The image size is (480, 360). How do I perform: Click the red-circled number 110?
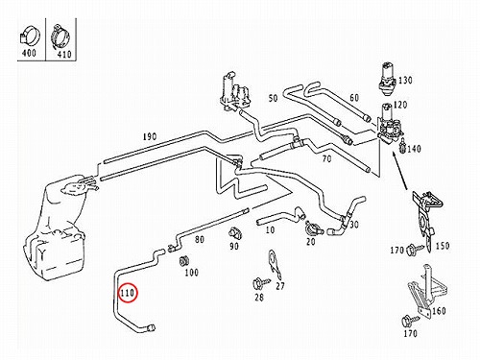pyautogui.click(x=128, y=293)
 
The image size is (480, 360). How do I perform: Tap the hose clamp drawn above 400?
pyautogui.click(x=30, y=36)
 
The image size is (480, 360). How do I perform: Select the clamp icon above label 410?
pyautogui.click(x=61, y=36)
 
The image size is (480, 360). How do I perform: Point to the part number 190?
pyautogui.click(x=150, y=137)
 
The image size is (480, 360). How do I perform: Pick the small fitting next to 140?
pyautogui.click(x=403, y=146)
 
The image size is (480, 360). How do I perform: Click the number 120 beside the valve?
pyautogui.click(x=400, y=105)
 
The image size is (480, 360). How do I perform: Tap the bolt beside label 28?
pyautogui.click(x=261, y=282)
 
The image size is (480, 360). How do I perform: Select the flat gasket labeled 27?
pyautogui.click(x=274, y=263)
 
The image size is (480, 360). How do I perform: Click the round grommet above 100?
pyautogui.click(x=183, y=261)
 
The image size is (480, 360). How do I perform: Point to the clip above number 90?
pyautogui.click(x=234, y=234)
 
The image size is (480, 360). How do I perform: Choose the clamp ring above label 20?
pyautogui.click(x=313, y=228)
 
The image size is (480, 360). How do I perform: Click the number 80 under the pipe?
pyautogui.click(x=200, y=239)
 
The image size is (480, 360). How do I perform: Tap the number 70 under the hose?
pyautogui.click(x=326, y=158)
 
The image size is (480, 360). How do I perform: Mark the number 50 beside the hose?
pyautogui.click(x=273, y=98)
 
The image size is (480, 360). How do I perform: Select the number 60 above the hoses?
pyautogui.click(x=354, y=98)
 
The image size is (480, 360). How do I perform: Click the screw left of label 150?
pyautogui.click(x=415, y=250)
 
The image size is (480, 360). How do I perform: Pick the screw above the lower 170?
pyautogui.click(x=410, y=321)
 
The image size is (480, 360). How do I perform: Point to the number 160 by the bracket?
pyautogui.click(x=439, y=311)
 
